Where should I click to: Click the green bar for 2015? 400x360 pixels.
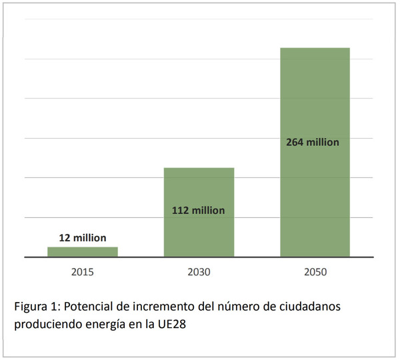point(83,251)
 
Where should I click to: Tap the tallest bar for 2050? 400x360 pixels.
point(315,93)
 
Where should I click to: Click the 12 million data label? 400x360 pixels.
point(83,237)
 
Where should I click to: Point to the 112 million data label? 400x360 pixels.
point(199,210)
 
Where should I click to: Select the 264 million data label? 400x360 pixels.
point(313,142)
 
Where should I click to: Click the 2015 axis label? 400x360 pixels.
point(83,272)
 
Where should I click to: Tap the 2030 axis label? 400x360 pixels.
point(199,272)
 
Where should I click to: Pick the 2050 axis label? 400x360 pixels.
point(315,272)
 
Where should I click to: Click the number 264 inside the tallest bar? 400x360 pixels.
point(295,142)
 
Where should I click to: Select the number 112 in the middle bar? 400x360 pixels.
point(181,210)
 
